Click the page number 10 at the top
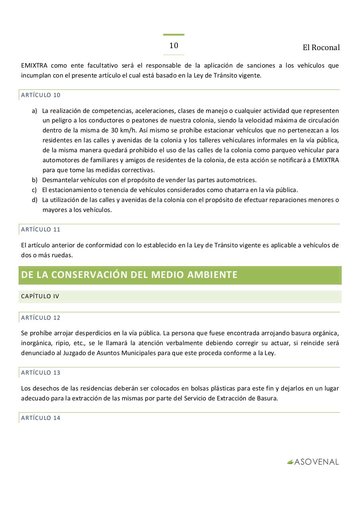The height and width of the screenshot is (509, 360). coord(174,46)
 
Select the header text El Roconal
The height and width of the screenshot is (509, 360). coord(321,48)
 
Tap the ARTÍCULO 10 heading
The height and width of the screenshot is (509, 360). coord(41,95)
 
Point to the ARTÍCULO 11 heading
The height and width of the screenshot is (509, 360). coord(41,229)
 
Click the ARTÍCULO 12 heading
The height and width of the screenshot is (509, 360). coord(41,318)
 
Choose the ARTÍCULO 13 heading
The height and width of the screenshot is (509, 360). coord(41,373)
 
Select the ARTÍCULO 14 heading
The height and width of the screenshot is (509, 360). coord(41,418)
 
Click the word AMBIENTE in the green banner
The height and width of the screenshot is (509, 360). coord(215,275)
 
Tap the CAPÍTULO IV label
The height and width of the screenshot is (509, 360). coord(40,296)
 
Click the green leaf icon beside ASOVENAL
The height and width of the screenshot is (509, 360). coord(290,462)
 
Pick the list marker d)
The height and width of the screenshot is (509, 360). coord(35,200)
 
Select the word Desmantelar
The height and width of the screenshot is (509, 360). coord(59,180)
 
